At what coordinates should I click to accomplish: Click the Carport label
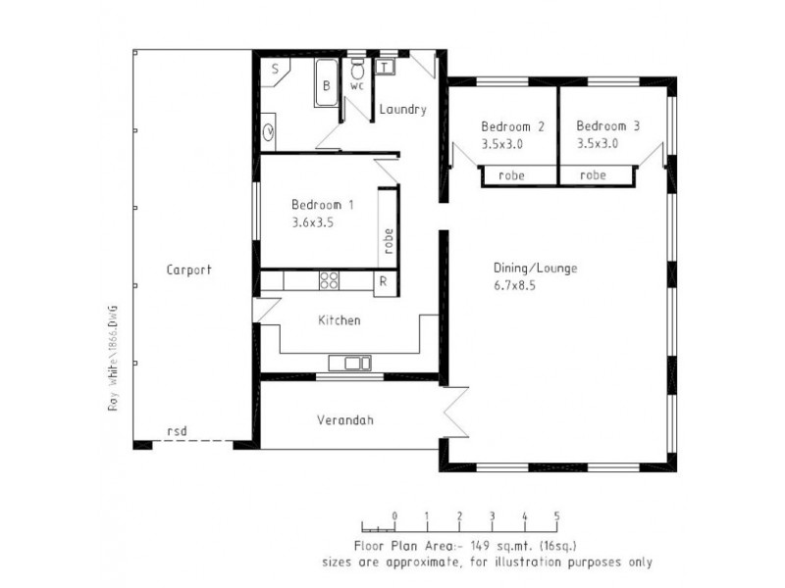pos(188,269)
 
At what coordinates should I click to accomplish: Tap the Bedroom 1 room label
pos(322,205)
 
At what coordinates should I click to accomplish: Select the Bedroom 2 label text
pos(512,126)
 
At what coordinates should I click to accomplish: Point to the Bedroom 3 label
pos(607,126)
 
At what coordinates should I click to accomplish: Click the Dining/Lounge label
pos(536,268)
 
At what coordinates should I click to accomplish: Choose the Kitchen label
pos(340,320)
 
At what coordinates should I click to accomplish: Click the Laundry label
pos(402,110)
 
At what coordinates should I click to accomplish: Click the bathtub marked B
pos(327,85)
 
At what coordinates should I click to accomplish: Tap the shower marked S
pos(275,68)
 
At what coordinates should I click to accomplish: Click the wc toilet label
pos(357,84)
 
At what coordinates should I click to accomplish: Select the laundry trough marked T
pos(385,67)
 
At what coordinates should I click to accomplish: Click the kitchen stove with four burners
pos(330,281)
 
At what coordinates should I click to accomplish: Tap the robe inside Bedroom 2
pos(511,176)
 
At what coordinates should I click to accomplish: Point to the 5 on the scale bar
pos(557,514)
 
